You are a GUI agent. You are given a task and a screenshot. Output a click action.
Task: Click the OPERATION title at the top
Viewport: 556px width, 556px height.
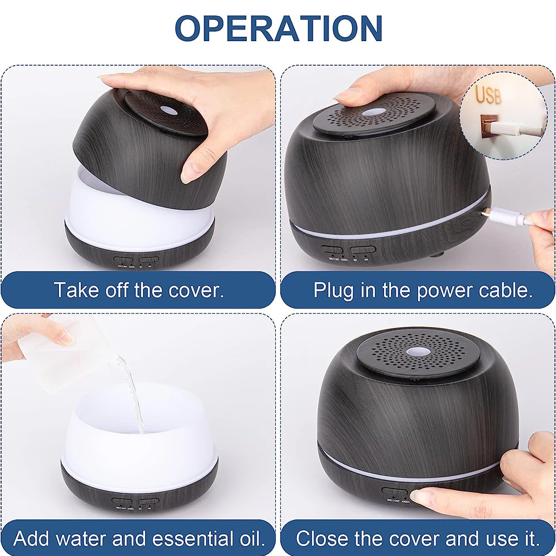(278, 28)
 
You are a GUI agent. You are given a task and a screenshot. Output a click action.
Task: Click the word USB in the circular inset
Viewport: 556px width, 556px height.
(488, 96)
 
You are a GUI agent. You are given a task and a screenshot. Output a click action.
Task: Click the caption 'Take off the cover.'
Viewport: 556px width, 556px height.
(138, 290)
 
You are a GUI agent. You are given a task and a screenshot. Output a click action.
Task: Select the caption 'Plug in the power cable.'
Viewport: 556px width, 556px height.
(423, 290)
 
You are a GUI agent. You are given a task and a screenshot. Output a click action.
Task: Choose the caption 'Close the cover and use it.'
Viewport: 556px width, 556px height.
(418, 538)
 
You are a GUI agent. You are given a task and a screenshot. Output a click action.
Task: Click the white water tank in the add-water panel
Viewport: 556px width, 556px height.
(139, 439)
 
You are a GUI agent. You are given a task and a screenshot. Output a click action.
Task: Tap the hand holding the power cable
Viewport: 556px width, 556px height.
(542, 234)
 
